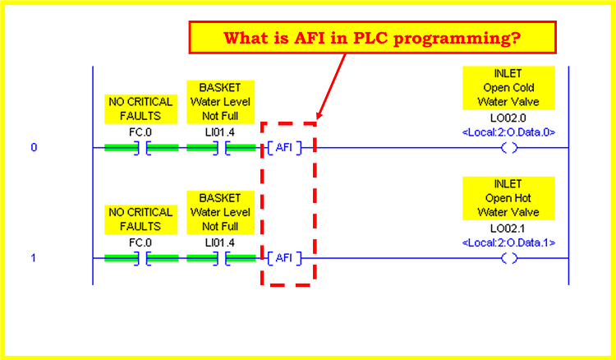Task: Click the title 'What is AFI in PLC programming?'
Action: tap(373, 39)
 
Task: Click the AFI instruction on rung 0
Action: tap(283, 148)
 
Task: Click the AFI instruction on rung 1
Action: tap(283, 258)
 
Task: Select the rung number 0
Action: tap(34, 148)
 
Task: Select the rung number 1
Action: tap(34, 258)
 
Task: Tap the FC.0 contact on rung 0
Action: tap(140, 148)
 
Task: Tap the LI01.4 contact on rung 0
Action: tap(220, 148)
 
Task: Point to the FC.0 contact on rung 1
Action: tap(140, 258)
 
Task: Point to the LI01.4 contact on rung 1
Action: tap(220, 258)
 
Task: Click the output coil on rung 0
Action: tap(509, 148)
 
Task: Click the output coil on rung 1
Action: tap(509, 258)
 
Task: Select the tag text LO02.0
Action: tap(509, 118)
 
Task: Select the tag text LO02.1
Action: tap(509, 228)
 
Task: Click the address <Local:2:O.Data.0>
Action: tap(509, 132)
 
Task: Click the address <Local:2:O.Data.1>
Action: tap(509, 242)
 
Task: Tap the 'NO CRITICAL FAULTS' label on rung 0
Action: tap(140, 108)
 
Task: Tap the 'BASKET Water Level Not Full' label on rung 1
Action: tap(220, 212)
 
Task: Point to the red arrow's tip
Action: tap(317, 115)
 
